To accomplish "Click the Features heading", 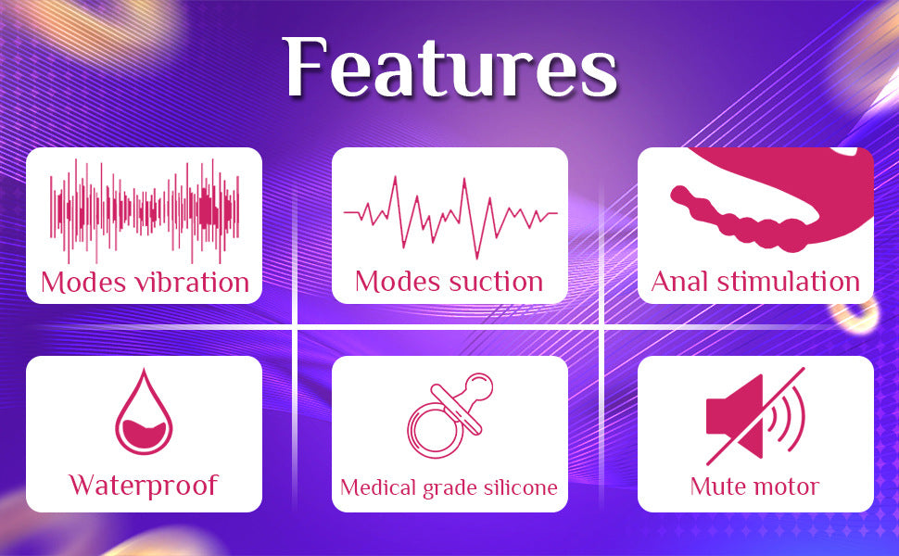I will click(x=450, y=69).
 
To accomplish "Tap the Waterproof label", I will click(x=144, y=485).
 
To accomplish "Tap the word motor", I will click(x=786, y=486).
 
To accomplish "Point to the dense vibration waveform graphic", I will click(x=144, y=208).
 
